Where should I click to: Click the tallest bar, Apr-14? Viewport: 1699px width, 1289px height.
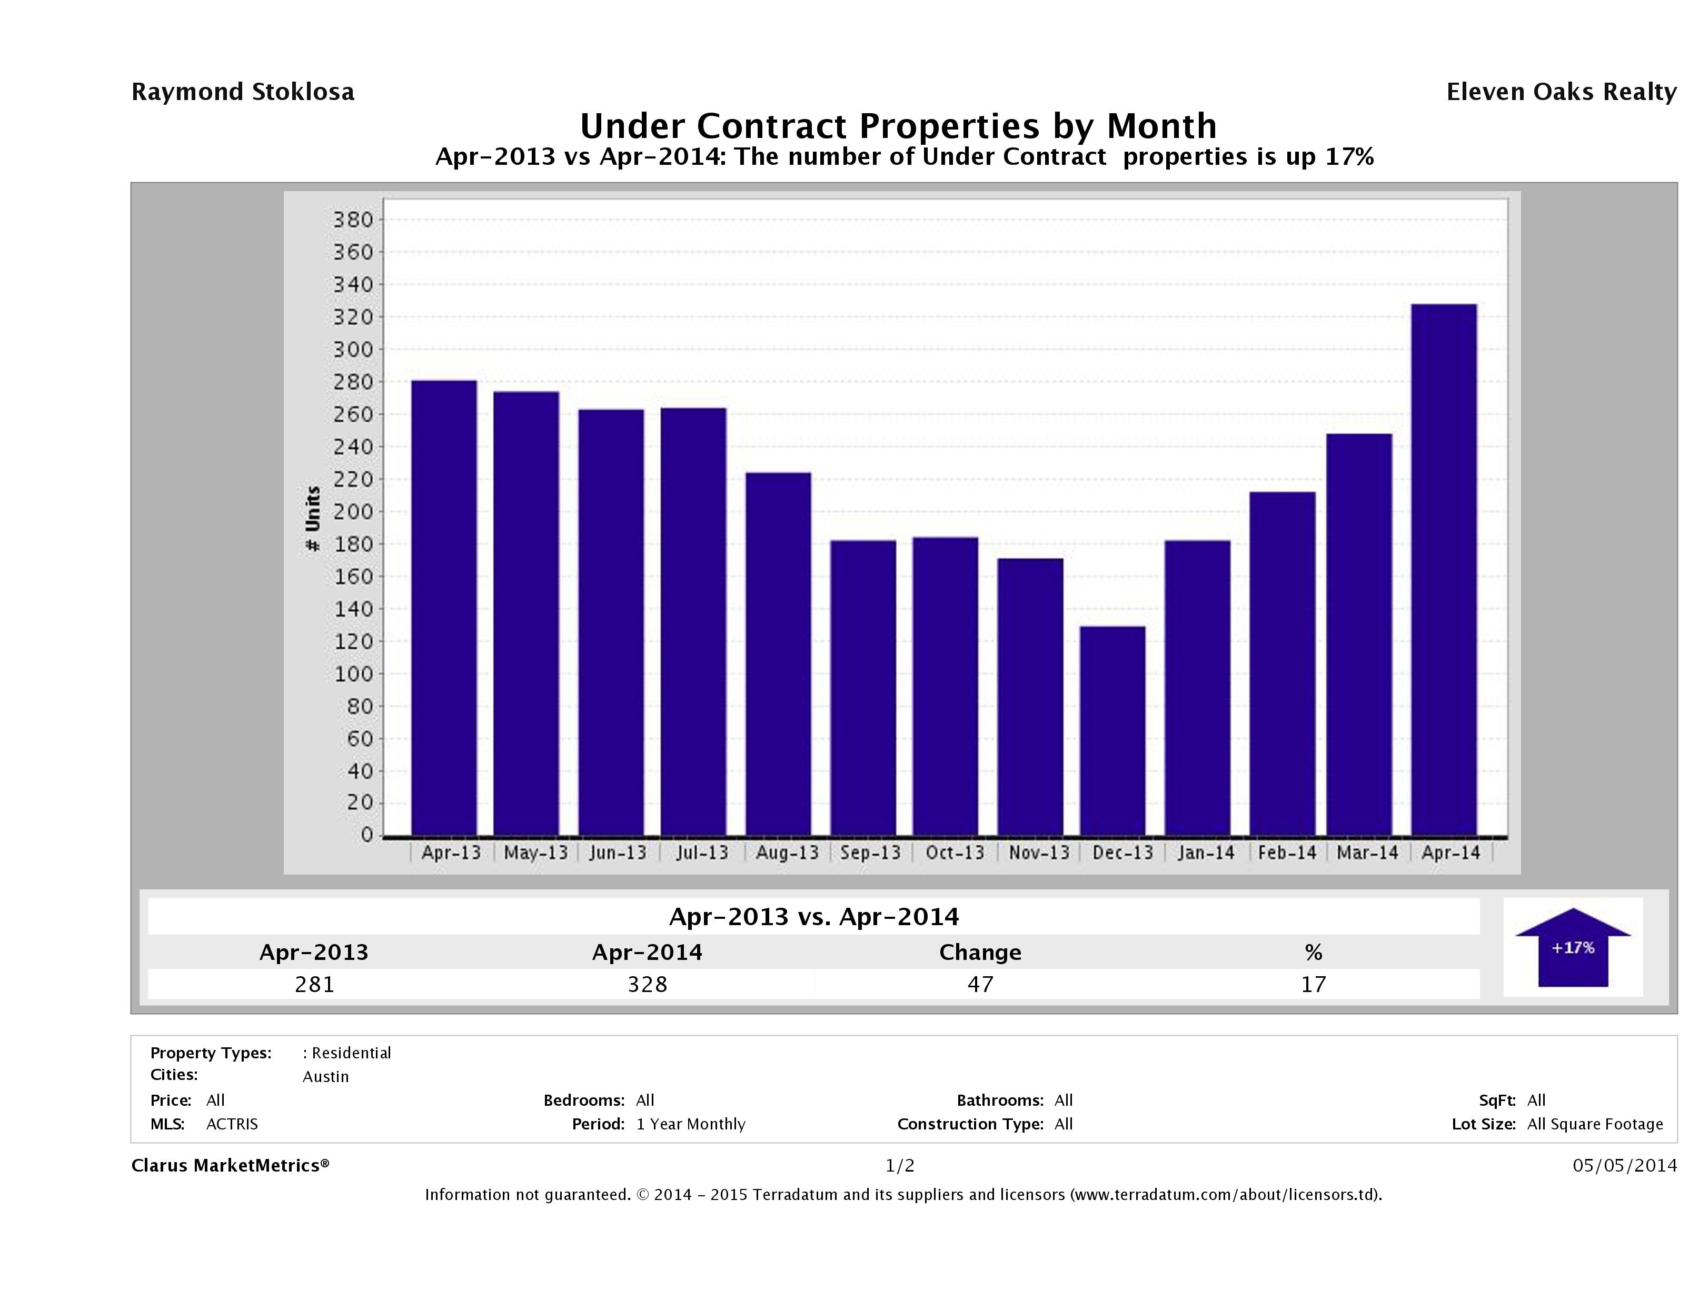[1444, 569]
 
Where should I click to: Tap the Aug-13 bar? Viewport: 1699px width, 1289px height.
[778, 654]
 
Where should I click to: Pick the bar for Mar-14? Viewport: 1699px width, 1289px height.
[1359, 634]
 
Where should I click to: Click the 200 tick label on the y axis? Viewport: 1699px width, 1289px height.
[353, 512]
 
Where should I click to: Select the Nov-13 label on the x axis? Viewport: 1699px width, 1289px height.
[1038, 852]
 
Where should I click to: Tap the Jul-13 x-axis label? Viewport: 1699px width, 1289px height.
[702, 852]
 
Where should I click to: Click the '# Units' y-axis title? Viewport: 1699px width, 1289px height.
[313, 519]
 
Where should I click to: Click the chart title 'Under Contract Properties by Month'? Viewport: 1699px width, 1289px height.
[898, 126]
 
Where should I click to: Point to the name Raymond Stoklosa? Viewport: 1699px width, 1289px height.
[243, 92]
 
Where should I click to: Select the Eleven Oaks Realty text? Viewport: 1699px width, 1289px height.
[1561, 92]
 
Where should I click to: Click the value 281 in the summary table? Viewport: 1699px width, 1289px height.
[315, 984]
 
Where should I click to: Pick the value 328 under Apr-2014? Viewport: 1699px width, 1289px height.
[648, 984]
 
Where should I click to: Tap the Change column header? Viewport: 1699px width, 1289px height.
[980, 953]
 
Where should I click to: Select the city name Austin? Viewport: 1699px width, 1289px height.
[326, 1077]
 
